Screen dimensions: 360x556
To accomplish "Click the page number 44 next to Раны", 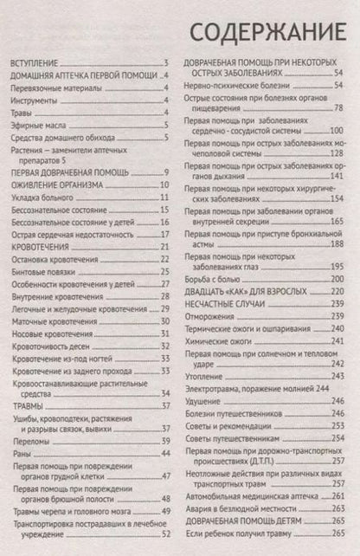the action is click(x=163, y=452).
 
